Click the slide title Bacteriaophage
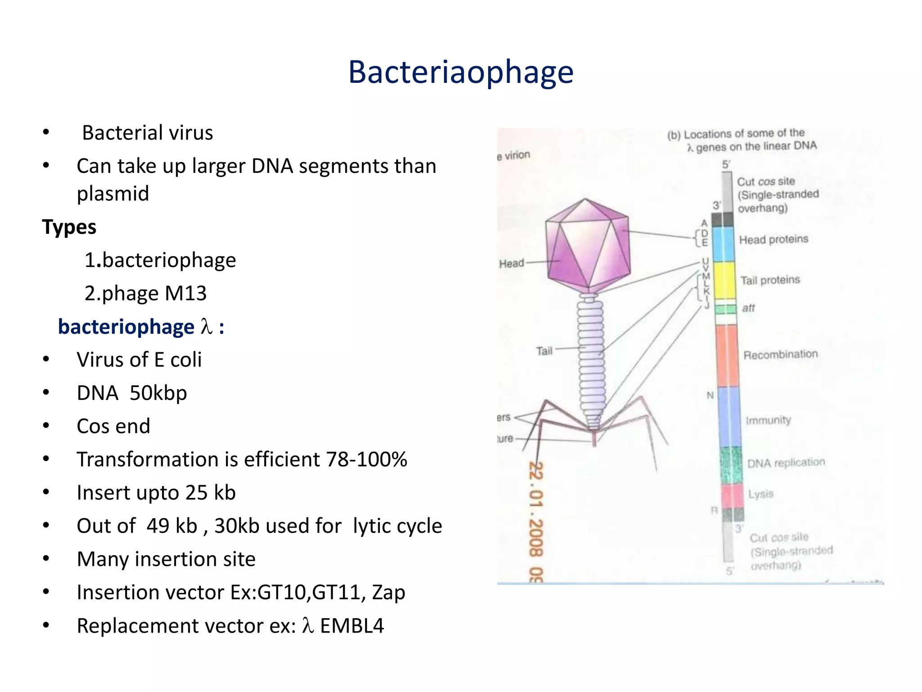(x=461, y=72)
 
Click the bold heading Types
(x=69, y=227)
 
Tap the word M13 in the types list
(x=185, y=293)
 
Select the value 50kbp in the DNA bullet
(x=158, y=393)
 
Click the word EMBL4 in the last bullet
(x=352, y=626)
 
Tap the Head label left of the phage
(x=511, y=263)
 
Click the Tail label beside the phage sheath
(x=544, y=351)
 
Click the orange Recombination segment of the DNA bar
(x=727, y=355)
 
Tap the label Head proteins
(x=773, y=239)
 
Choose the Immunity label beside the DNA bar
(x=768, y=420)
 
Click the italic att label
(x=748, y=308)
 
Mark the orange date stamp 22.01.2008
(x=536, y=509)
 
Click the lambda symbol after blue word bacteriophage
(x=206, y=326)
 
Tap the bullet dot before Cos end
(x=46, y=426)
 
